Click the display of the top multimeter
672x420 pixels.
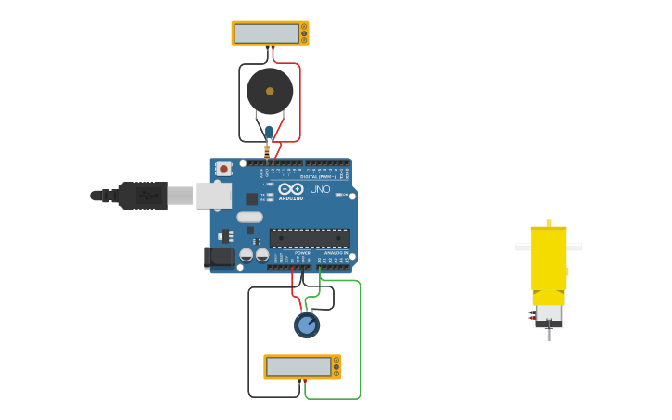(x=267, y=33)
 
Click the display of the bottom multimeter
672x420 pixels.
(x=298, y=367)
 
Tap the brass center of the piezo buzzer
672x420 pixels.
(x=270, y=91)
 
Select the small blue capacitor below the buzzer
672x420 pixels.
(x=269, y=133)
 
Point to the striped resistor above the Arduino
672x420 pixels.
(x=267, y=151)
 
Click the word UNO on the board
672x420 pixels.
(x=320, y=189)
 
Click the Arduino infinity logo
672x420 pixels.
(x=291, y=188)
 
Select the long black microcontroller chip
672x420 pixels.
(x=310, y=238)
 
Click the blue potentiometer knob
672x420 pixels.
(x=307, y=325)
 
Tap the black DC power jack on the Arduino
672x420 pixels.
(x=219, y=257)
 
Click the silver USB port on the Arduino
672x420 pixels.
(x=214, y=195)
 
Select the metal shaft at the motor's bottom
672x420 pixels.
(x=548, y=330)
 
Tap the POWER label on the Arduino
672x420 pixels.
(x=302, y=252)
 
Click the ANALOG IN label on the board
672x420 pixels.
(x=335, y=252)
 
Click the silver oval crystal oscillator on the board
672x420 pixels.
(x=249, y=217)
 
